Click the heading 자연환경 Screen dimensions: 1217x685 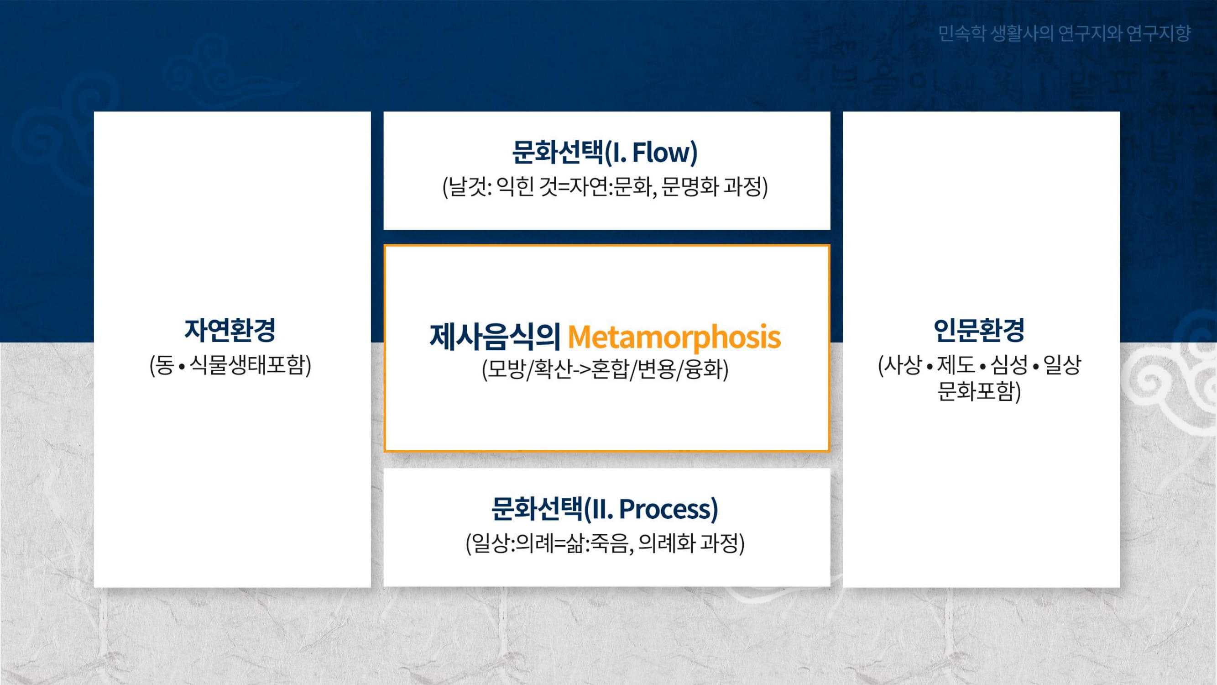click(x=230, y=330)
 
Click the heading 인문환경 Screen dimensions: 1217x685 click(x=979, y=330)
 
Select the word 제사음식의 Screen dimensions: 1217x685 click(x=495, y=337)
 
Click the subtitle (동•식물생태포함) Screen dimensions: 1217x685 click(x=230, y=365)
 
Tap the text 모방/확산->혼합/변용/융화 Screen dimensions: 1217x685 click(x=605, y=369)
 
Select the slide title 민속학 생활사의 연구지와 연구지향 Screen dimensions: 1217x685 click(x=1064, y=33)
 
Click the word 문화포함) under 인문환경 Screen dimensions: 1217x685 click(x=979, y=391)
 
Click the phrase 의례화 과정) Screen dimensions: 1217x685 click(x=691, y=543)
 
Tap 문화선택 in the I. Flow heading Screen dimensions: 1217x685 click(x=558, y=152)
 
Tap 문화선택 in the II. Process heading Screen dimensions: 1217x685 click(x=537, y=509)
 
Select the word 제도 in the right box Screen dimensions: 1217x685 click(x=956, y=364)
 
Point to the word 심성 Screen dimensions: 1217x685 click(x=1009, y=364)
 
